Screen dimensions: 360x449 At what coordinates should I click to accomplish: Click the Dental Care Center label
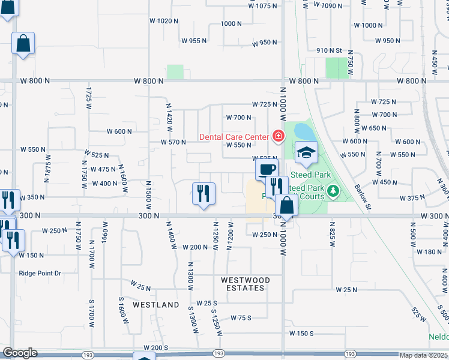234,137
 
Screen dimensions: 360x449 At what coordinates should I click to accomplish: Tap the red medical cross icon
277,137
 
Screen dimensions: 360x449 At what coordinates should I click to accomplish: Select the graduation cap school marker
306,152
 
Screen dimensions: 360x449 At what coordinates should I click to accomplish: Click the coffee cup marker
267,168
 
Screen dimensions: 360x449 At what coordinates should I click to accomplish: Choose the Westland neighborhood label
156,305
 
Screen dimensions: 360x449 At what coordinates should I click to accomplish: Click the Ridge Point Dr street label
40,273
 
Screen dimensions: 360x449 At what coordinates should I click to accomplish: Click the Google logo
20,353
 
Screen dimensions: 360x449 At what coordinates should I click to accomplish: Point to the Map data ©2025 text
424,355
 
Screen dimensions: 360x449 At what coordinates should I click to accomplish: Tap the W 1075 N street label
264,5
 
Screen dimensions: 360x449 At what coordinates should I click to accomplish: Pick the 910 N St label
329,50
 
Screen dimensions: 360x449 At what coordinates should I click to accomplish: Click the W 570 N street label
173,142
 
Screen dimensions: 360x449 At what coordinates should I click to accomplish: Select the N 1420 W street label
169,117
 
